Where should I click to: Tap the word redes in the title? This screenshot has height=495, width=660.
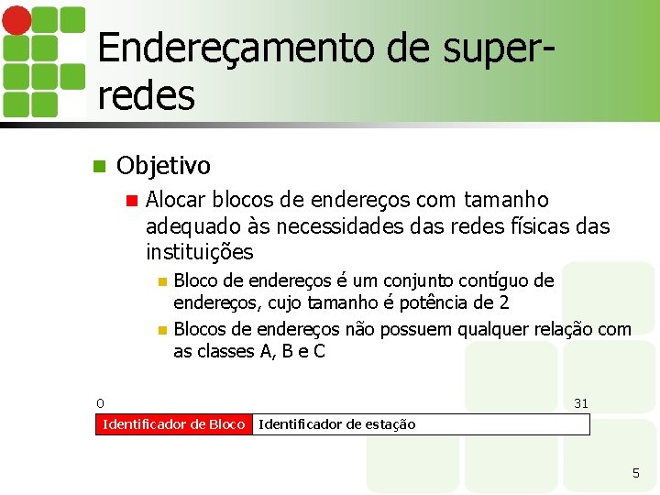pos(146,93)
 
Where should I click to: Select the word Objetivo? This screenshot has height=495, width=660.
pos(163,166)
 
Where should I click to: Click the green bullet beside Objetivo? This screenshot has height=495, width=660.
pos(100,167)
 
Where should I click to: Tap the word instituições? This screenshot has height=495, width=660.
pos(199,251)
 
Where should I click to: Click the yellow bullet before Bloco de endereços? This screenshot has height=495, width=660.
pos(162,280)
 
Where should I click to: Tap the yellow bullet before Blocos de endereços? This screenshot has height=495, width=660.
pos(162,329)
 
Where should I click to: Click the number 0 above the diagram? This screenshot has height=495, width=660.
pos(100,402)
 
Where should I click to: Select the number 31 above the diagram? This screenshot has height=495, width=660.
pos(581,402)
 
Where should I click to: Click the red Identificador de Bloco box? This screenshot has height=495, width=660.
pos(173,423)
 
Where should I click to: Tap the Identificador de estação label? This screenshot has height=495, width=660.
pos(337,423)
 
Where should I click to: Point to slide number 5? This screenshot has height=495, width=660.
pos(635,473)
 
